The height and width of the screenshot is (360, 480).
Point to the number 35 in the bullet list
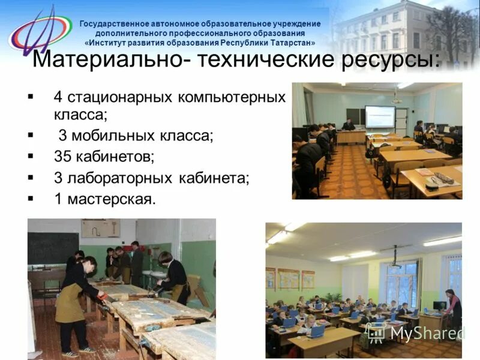pyautogui.click(x=62, y=157)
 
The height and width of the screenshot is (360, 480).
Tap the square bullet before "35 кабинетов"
pyautogui.click(x=31, y=156)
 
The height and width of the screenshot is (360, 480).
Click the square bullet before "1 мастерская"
pyautogui.click(x=31, y=198)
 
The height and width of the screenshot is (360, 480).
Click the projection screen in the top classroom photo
pyautogui.click(x=379, y=116)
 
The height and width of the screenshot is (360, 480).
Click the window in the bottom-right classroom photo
pyautogui.click(x=401, y=282)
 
